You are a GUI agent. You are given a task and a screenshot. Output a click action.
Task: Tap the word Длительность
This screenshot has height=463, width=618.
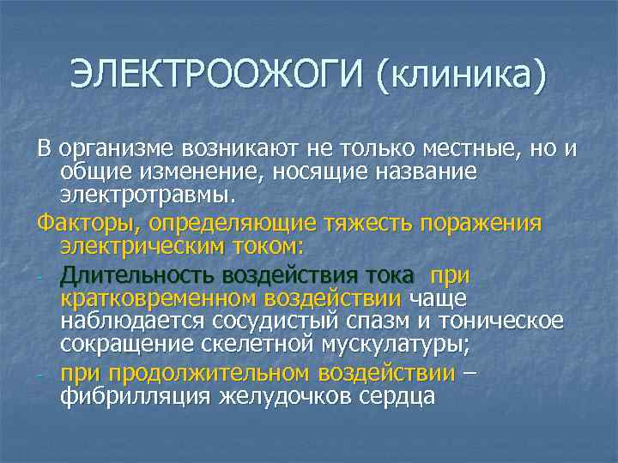click(137, 276)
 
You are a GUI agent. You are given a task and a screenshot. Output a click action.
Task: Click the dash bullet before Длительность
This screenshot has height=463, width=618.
click(40, 277)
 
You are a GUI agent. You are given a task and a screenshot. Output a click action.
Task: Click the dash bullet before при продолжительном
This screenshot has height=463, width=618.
click(40, 374)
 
